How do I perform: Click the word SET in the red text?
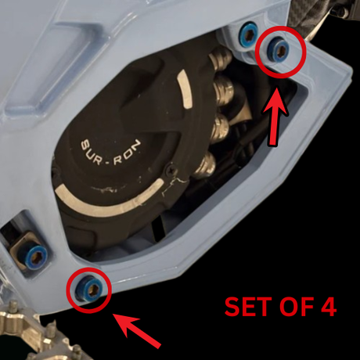244,307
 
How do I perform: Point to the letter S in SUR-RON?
86,145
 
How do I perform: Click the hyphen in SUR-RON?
108,164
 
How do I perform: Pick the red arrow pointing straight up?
275,117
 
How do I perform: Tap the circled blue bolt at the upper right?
279,49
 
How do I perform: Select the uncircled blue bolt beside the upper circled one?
249,34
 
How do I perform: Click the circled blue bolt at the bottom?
89,290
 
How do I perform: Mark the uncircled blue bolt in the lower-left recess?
36,257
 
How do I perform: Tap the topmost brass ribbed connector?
221,58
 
